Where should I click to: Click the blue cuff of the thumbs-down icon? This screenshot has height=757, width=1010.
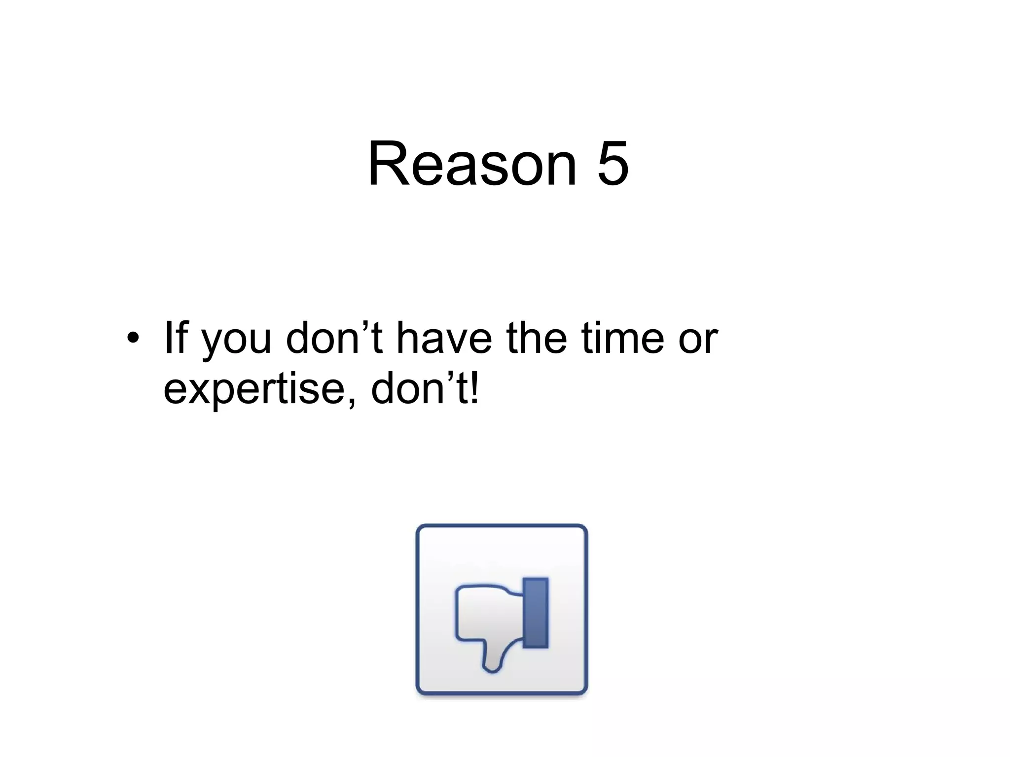pyautogui.click(x=536, y=613)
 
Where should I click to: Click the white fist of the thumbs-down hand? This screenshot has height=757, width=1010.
pyautogui.click(x=486, y=614)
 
